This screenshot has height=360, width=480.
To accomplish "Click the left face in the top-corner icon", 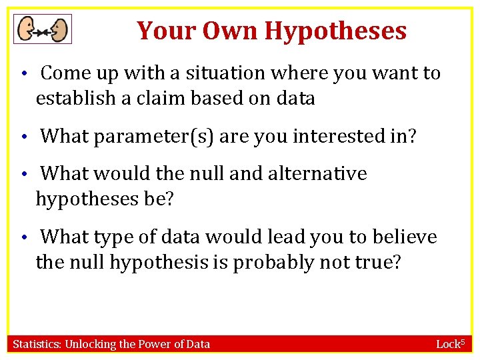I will click(x=27, y=29).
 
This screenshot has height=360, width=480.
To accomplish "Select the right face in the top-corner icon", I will click(x=59, y=29).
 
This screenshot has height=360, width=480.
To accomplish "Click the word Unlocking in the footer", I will click(x=87, y=344).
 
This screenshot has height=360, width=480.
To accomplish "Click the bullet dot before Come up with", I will click(x=23, y=74).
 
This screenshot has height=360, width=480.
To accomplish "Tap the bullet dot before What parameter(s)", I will click(x=23, y=138).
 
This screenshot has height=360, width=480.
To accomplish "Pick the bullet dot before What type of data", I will click(x=23, y=239).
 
